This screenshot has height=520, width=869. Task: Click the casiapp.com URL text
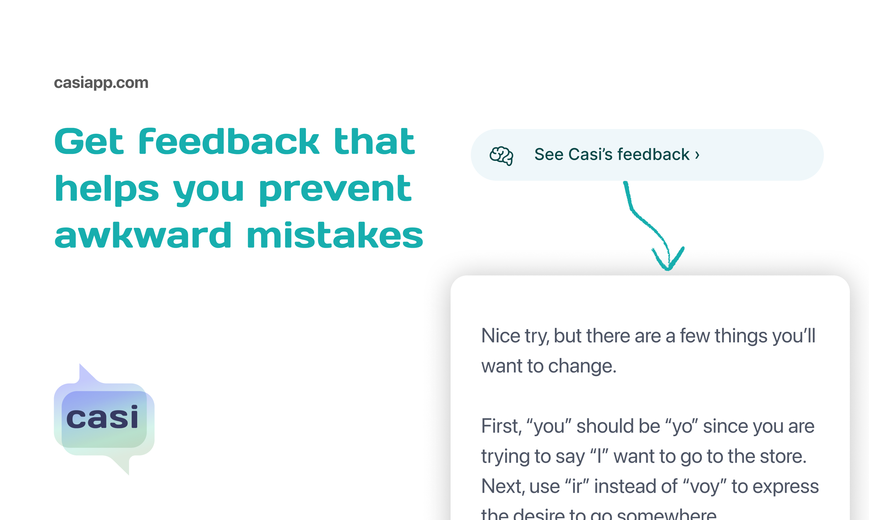coord(101,83)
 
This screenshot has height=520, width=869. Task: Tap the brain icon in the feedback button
coord(501,155)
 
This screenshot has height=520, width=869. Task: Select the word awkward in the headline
coord(143,235)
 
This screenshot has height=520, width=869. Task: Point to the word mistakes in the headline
coord(335,235)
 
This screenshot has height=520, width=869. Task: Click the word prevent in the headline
coord(335,190)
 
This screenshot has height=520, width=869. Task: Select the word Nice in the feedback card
coord(501,336)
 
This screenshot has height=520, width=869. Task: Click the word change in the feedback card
coord(582,366)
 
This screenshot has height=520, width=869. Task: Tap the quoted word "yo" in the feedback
coord(680,426)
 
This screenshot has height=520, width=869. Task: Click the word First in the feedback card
coord(501,426)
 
